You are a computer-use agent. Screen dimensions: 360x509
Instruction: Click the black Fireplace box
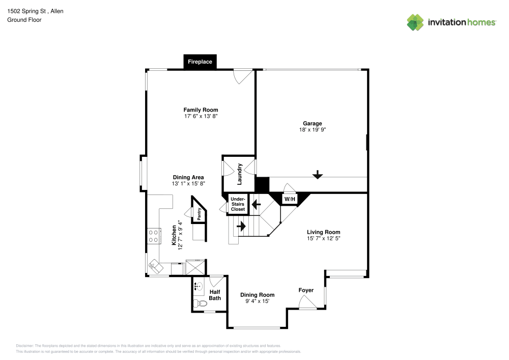[x=200, y=62]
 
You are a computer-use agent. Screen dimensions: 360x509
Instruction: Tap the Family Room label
[x=201, y=109]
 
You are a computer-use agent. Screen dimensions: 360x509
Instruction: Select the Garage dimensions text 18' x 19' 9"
[x=313, y=130]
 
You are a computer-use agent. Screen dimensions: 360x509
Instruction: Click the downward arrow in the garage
[x=318, y=175]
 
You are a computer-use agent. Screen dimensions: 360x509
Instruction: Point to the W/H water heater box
[x=289, y=199]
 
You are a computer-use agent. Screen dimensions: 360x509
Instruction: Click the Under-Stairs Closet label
[x=238, y=204]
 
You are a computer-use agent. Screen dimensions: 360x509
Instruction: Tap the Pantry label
[x=199, y=214]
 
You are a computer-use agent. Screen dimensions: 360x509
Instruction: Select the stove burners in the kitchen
[x=153, y=236]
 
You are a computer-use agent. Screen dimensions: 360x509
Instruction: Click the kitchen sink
[x=154, y=265]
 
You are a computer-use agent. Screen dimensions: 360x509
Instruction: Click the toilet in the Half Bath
[x=199, y=304]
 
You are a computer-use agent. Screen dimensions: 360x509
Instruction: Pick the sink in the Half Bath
[x=199, y=286]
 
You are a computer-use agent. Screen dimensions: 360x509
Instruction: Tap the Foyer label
[x=306, y=290]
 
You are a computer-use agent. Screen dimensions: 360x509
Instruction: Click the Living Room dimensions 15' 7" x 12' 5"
[x=323, y=238]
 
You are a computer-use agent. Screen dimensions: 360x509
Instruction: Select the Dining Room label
[x=257, y=295]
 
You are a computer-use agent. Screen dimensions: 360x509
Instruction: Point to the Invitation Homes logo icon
[x=415, y=22]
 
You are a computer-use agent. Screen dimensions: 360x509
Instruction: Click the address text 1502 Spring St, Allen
[x=35, y=11]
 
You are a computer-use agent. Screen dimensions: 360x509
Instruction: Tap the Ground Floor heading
[x=24, y=20]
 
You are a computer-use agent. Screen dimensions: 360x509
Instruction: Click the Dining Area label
[x=188, y=177]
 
